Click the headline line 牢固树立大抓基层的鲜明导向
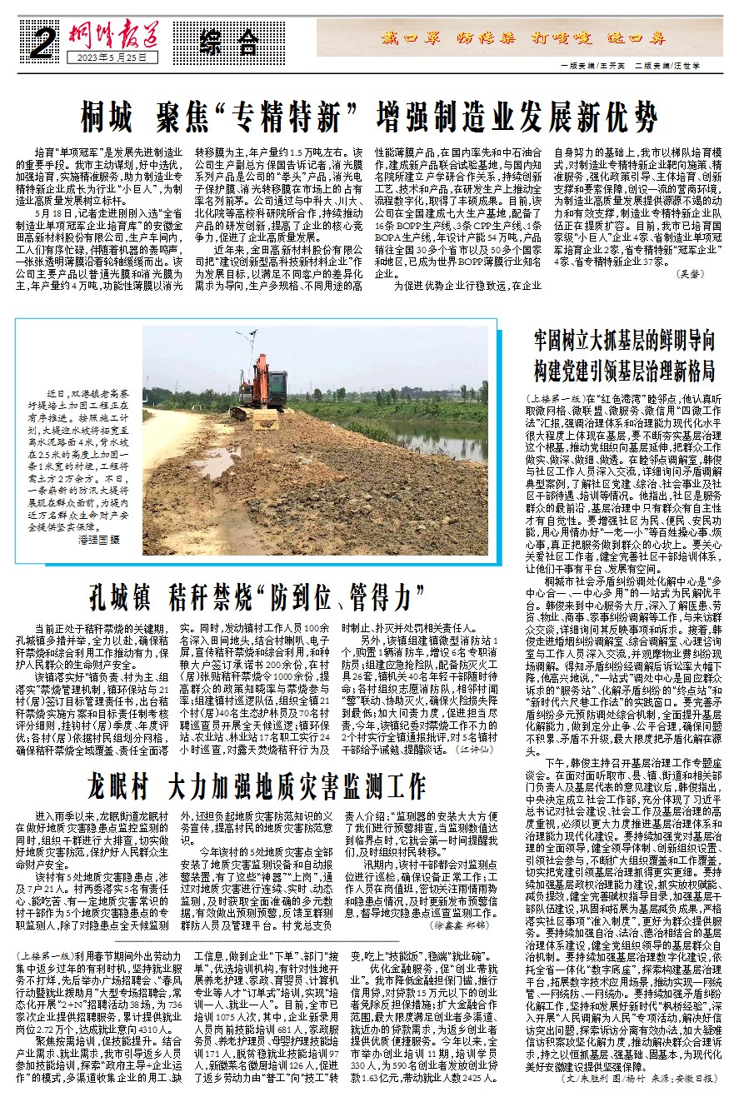tap(625, 340)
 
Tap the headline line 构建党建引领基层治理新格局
tap(625, 369)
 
